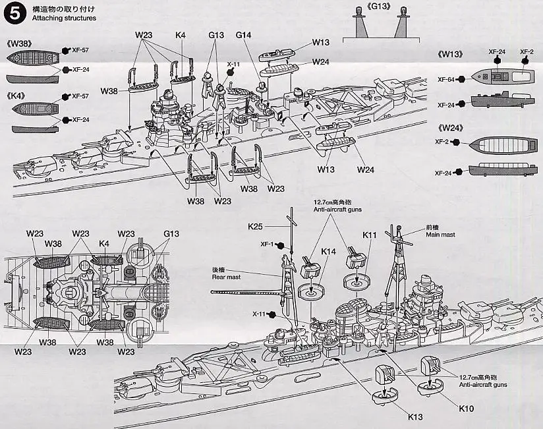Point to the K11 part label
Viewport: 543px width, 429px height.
pyautogui.click(x=369, y=235)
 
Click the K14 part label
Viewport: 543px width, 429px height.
pyautogui.click(x=328, y=251)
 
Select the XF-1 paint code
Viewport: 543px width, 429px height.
pyautogui.click(x=268, y=244)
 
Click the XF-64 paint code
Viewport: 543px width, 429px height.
pyautogui.click(x=445, y=79)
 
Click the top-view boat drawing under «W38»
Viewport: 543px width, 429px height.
pyautogui.click(x=33, y=58)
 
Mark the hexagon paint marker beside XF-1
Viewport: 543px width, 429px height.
pyautogui.click(x=281, y=245)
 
